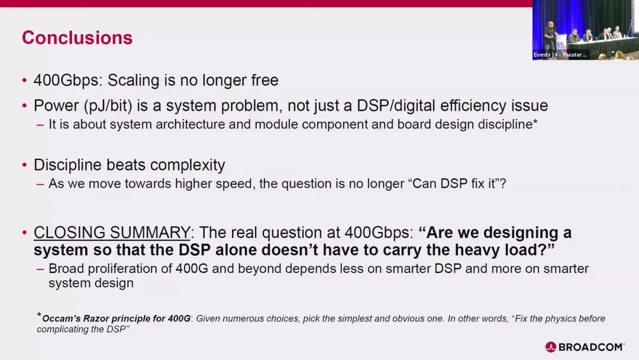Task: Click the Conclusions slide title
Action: tap(77, 37)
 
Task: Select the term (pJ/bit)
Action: tap(108, 106)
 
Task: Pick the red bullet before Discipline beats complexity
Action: tap(24, 165)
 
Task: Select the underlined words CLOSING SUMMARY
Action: tap(112, 232)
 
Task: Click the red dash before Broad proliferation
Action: tap(40, 269)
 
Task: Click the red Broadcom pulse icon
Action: tap(551, 347)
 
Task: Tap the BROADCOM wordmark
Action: tap(590, 347)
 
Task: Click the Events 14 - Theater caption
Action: tap(560, 54)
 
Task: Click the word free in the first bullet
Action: tap(264, 81)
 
